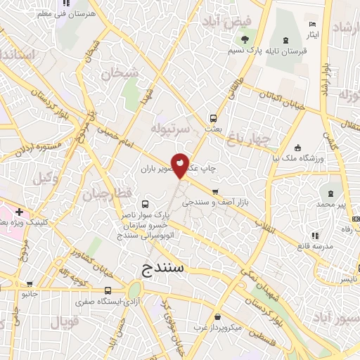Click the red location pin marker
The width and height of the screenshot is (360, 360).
pyautogui.click(x=181, y=164)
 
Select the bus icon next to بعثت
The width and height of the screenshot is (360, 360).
pyautogui.click(x=213, y=118)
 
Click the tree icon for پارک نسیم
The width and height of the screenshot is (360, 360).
pyautogui.click(x=245, y=40)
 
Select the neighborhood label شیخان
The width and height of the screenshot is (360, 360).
pyautogui.click(x=116, y=72)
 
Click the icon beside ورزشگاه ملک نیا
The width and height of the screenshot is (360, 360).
pyautogui.click(x=297, y=148)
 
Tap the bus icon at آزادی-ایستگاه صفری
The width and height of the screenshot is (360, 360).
pyautogui.click(x=108, y=290)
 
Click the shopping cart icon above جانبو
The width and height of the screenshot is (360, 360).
pyautogui.click(x=30, y=285)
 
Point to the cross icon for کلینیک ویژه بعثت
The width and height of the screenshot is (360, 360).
pyautogui.click(x=19, y=211)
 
